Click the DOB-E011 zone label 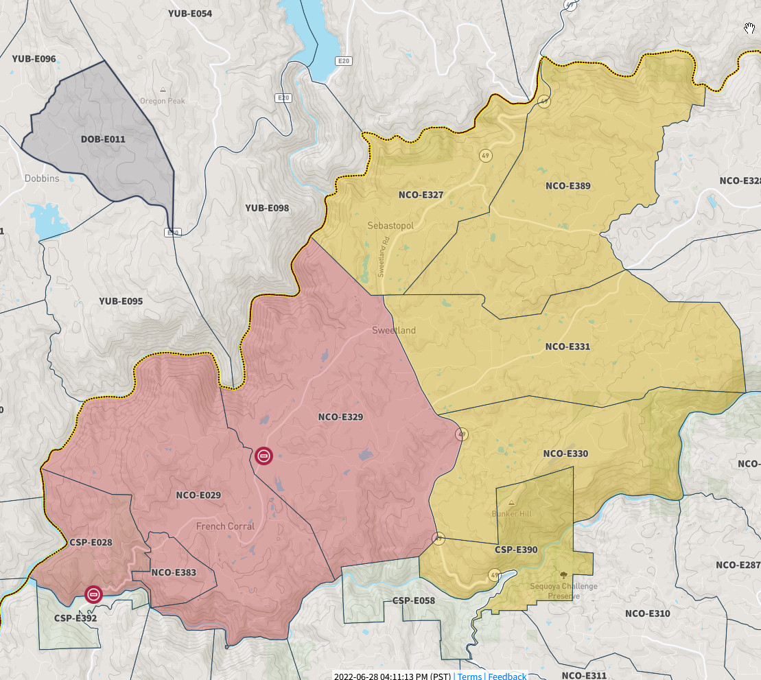coord(103,139)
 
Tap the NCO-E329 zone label coord(340,417)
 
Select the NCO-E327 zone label coord(421,195)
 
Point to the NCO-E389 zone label coord(567,186)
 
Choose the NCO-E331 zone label coord(567,347)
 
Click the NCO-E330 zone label coord(565,454)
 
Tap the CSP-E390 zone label coord(516,550)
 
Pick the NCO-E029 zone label coord(198,495)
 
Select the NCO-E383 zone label coord(174,572)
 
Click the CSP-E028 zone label coord(91,542)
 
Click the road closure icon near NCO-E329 coord(264,455)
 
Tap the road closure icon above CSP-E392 coord(93,594)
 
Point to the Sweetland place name coord(394,330)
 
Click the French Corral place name coord(225,526)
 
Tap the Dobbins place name coord(42,178)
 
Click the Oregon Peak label coord(163,101)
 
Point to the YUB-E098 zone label coord(267,207)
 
